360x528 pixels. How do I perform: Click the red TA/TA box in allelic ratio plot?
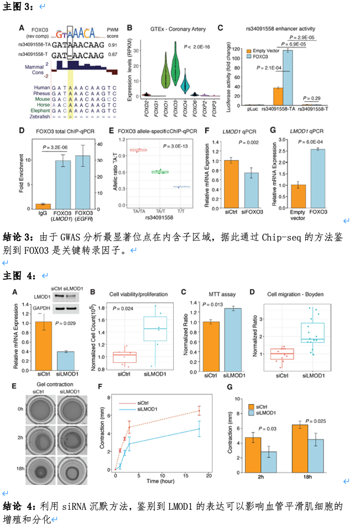pyautogui.click(x=138, y=150)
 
